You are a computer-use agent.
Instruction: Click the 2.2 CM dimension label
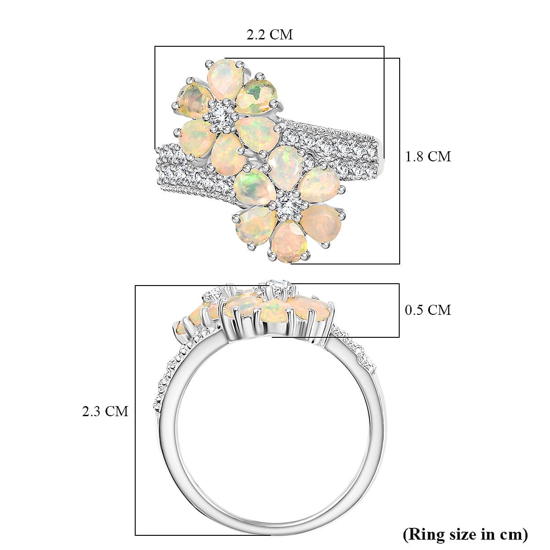point(269,35)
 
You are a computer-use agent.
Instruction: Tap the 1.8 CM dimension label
point(428,157)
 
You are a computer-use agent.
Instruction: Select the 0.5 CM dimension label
point(428,310)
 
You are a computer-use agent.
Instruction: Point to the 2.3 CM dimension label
point(105,411)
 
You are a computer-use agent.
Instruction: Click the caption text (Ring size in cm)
point(465,534)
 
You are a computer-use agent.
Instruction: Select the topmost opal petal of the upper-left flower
point(224,76)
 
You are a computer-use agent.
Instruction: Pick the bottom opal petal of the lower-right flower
point(287,241)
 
